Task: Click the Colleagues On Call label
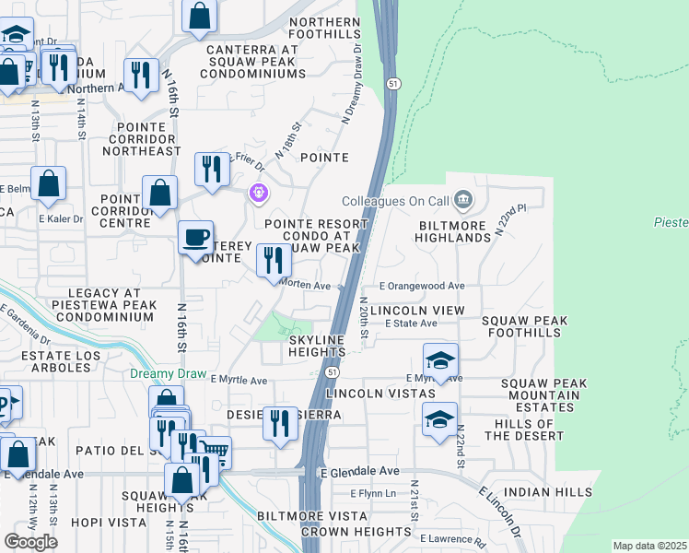[394, 200]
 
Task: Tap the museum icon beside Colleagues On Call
[462, 198]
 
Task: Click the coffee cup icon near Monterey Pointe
[195, 237]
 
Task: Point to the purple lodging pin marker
[260, 194]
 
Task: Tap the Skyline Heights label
[317, 347]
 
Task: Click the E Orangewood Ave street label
[421, 287]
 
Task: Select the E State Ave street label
[411, 324]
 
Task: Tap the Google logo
[30, 542]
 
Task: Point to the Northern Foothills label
[325, 28]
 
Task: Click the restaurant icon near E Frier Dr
[212, 169]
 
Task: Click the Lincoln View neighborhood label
[418, 311]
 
